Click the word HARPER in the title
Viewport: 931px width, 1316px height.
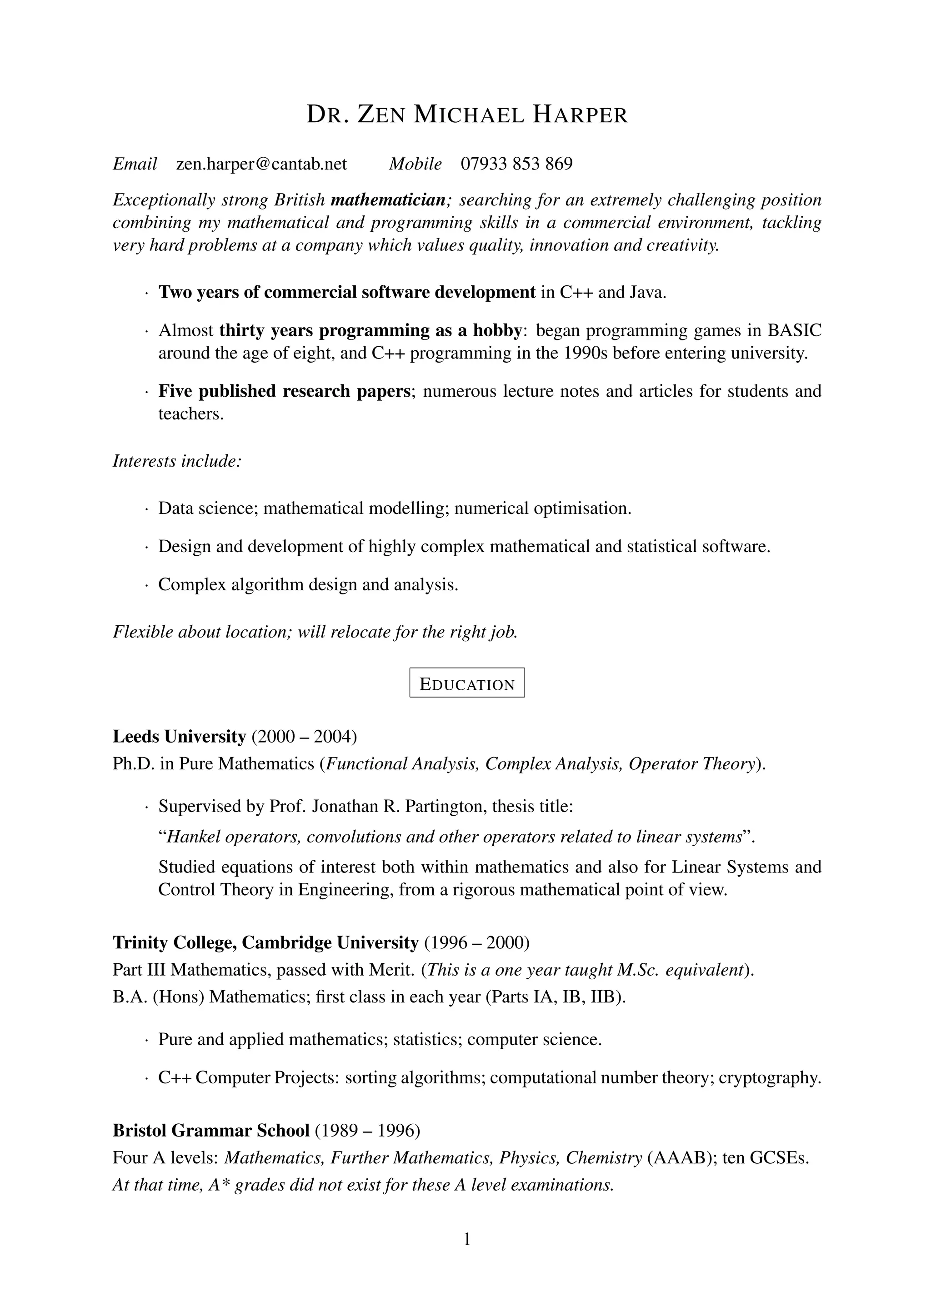(580, 115)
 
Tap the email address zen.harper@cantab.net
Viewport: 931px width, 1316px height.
(261, 164)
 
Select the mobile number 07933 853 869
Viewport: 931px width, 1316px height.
(516, 164)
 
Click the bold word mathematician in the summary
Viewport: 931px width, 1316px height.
(388, 200)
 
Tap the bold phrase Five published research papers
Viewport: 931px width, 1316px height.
(284, 391)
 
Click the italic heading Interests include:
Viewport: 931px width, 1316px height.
(176, 461)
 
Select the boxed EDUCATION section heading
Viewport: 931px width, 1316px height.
(467, 684)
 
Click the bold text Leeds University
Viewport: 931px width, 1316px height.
(179, 737)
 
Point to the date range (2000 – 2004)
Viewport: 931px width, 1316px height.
(304, 737)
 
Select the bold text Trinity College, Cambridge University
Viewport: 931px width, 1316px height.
(265, 943)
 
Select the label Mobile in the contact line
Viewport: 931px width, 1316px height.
(415, 164)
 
